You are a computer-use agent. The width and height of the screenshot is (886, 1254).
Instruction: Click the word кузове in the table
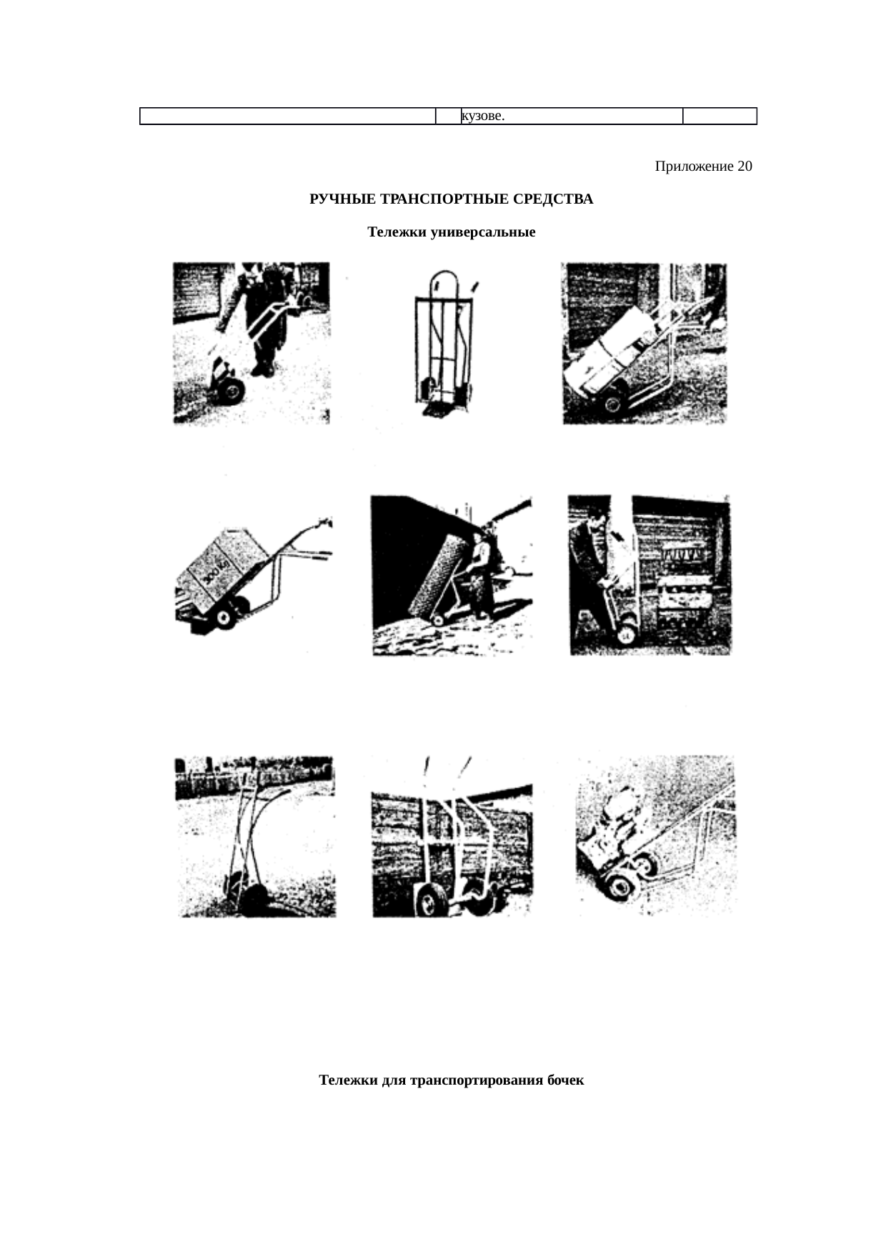click(481, 115)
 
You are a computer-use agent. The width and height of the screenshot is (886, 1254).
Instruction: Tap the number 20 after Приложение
click(745, 166)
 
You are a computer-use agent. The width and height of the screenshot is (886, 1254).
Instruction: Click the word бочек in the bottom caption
click(564, 1080)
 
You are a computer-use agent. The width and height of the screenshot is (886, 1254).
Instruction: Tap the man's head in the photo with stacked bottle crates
click(594, 515)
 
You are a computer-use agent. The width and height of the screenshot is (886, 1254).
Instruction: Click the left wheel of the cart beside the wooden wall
click(428, 899)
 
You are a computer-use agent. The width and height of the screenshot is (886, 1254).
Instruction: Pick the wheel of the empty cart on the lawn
click(251, 901)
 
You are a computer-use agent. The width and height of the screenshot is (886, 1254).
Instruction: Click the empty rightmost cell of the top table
click(720, 116)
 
